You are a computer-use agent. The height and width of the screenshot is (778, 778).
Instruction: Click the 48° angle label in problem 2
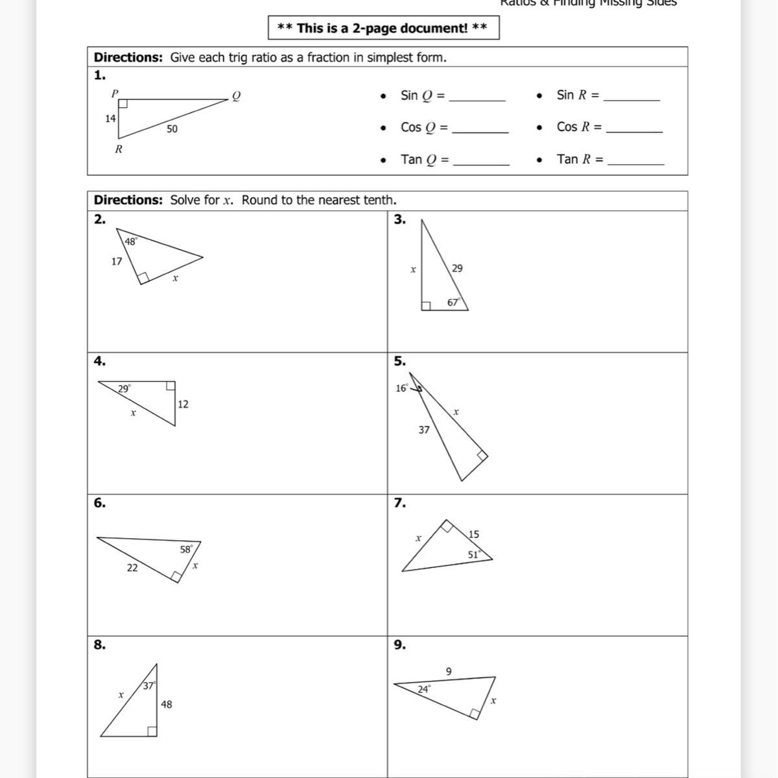click(x=131, y=241)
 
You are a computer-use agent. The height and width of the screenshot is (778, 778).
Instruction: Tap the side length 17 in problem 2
click(x=117, y=261)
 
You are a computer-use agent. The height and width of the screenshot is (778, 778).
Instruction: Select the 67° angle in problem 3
click(x=454, y=302)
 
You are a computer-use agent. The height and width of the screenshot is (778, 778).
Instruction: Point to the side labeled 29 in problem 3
click(x=457, y=268)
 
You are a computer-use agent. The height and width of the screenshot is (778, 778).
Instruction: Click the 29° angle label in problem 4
click(x=124, y=389)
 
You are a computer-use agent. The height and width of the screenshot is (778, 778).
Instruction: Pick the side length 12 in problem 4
click(x=183, y=404)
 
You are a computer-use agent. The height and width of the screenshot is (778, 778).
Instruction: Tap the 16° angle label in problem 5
click(x=402, y=388)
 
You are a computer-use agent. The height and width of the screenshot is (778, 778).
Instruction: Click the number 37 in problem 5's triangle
click(x=424, y=429)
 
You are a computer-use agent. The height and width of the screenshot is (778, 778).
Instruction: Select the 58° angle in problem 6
click(x=187, y=549)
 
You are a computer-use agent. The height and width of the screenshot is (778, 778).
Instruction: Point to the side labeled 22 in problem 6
click(x=132, y=567)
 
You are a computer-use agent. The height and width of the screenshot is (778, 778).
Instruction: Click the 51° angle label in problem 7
click(x=474, y=554)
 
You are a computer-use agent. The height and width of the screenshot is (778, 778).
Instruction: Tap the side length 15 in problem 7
click(x=473, y=534)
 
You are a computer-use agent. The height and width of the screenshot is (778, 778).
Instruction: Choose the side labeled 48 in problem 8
click(x=167, y=704)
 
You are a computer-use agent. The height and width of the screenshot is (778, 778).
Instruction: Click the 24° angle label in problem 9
click(x=423, y=689)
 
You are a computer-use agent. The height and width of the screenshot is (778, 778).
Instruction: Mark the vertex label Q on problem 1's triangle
click(x=236, y=96)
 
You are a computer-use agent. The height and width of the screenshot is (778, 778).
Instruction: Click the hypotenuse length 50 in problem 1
click(x=172, y=129)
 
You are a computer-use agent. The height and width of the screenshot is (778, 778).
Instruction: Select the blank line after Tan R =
click(x=635, y=162)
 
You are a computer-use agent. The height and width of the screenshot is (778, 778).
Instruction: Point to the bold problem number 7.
click(x=400, y=502)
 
